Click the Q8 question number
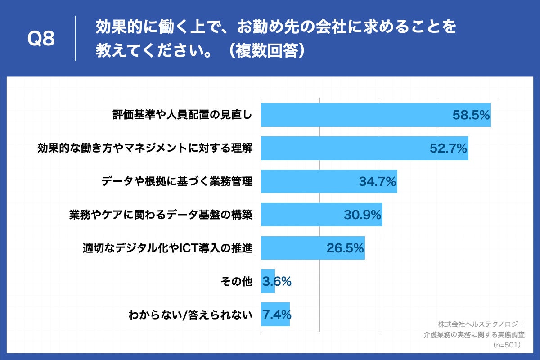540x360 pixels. coord(41,39)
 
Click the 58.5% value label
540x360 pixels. coord(471,115)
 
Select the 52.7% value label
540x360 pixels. coord(448,148)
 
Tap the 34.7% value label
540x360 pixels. coord(377,182)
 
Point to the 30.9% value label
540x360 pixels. coord(363,215)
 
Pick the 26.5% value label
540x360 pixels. coord(345,248)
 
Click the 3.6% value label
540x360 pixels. coord(277,281)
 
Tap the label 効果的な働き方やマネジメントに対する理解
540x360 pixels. coord(144,148)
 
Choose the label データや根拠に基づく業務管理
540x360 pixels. coord(177,182)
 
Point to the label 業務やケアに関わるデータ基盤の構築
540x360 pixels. coord(161,215)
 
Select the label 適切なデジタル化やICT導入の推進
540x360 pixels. coord(167,248)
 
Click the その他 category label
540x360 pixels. coord(236,281)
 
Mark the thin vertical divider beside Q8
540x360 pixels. coord(75,39)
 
